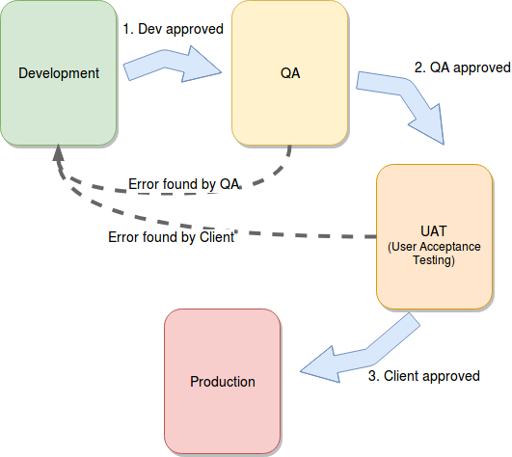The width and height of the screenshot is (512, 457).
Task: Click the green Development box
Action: [x=59, y=72]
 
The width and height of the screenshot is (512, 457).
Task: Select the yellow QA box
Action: [x=290, y=72]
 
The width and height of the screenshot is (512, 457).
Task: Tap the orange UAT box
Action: [x=434, y=236]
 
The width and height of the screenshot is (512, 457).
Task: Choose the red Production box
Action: [x=223, y=381]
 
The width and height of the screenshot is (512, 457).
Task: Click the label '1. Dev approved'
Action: [x=173, y=29]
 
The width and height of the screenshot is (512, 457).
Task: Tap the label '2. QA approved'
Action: [x=463, y=67]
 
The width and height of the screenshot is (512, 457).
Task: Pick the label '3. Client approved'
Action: [x=424, y=376]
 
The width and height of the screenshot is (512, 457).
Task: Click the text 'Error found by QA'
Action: [x=184, y=184]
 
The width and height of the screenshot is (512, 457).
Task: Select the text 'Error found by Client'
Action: [x=171, y=237]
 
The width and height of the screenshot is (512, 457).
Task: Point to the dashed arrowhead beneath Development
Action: [x=58, y=152]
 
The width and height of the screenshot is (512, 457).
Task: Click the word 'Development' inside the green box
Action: [x=59, y=73]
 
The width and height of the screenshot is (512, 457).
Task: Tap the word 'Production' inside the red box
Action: [x=223, y=382]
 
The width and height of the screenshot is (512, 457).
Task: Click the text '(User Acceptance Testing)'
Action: [x=434, y=254]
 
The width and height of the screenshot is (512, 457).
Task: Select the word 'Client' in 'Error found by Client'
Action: [x=217, y=237]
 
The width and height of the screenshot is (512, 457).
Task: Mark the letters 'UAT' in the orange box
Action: [x=434, y=231]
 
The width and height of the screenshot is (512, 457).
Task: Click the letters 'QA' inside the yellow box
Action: [x=290, y=73]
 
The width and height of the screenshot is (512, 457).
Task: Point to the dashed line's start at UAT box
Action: [x=376, y=236]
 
